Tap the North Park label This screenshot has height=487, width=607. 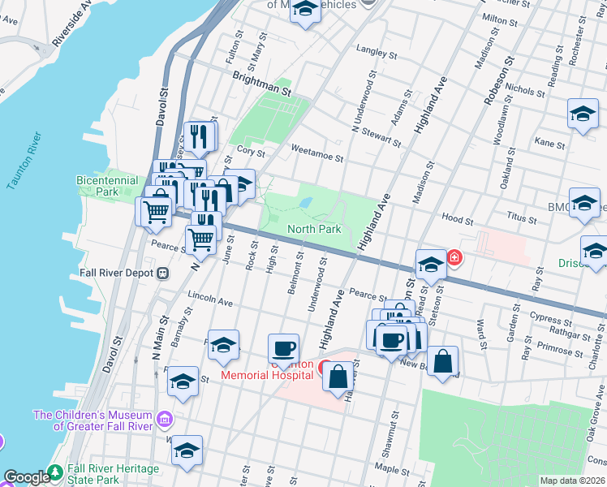pos(314,230)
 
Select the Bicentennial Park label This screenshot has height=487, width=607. pos(97,186)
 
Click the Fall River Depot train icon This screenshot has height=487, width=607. pos(162,274)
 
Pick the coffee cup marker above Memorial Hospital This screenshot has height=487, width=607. pos(283,348)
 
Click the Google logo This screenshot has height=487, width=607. pos(26,477)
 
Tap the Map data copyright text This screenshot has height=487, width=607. pos(571,481)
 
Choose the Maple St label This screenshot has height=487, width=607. pos(392,469)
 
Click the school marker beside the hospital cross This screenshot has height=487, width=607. pos(430,264)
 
